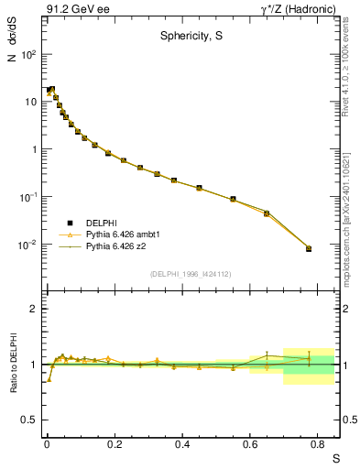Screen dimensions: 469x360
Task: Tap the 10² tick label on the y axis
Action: (x=28, y=54)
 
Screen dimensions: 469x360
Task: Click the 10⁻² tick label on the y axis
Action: (x=27, y=245)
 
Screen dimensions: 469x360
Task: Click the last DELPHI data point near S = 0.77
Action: (x=309, y=248)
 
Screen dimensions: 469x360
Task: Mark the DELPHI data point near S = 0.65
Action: (x=267, y=213)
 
